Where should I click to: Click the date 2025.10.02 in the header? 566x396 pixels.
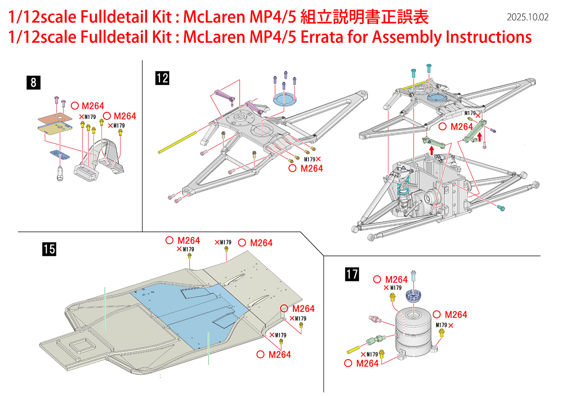click(528, 17)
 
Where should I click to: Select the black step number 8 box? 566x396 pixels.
click(33, 83)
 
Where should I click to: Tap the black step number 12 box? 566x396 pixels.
click(162, 78)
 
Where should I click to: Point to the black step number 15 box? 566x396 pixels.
click(49, 249)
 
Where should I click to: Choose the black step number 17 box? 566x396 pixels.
click(352, 274)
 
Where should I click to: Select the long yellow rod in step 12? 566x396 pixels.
click(177, 143)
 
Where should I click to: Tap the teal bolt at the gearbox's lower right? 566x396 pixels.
click(501, 207)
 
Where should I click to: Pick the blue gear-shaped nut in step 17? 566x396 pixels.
click(413, 296)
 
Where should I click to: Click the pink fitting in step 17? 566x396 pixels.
click(375, 320)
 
